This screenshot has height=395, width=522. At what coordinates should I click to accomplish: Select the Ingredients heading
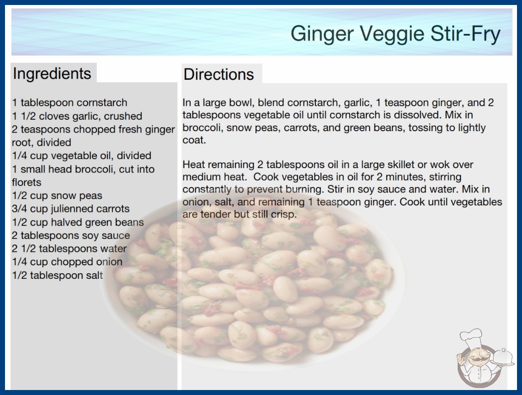[x=52, y=74]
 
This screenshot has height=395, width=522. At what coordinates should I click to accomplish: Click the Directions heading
[x=219, y=74]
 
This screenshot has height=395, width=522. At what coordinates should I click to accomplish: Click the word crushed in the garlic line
[x=123, y=116]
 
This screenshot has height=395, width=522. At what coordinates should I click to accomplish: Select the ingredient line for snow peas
[x=57, y=196]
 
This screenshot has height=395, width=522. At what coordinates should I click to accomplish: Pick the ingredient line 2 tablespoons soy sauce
[x=71, y=235]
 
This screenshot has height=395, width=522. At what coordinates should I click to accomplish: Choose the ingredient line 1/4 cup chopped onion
[x=67, y=262]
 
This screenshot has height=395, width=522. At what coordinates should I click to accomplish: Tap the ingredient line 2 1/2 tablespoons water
[x=69, y=248]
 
